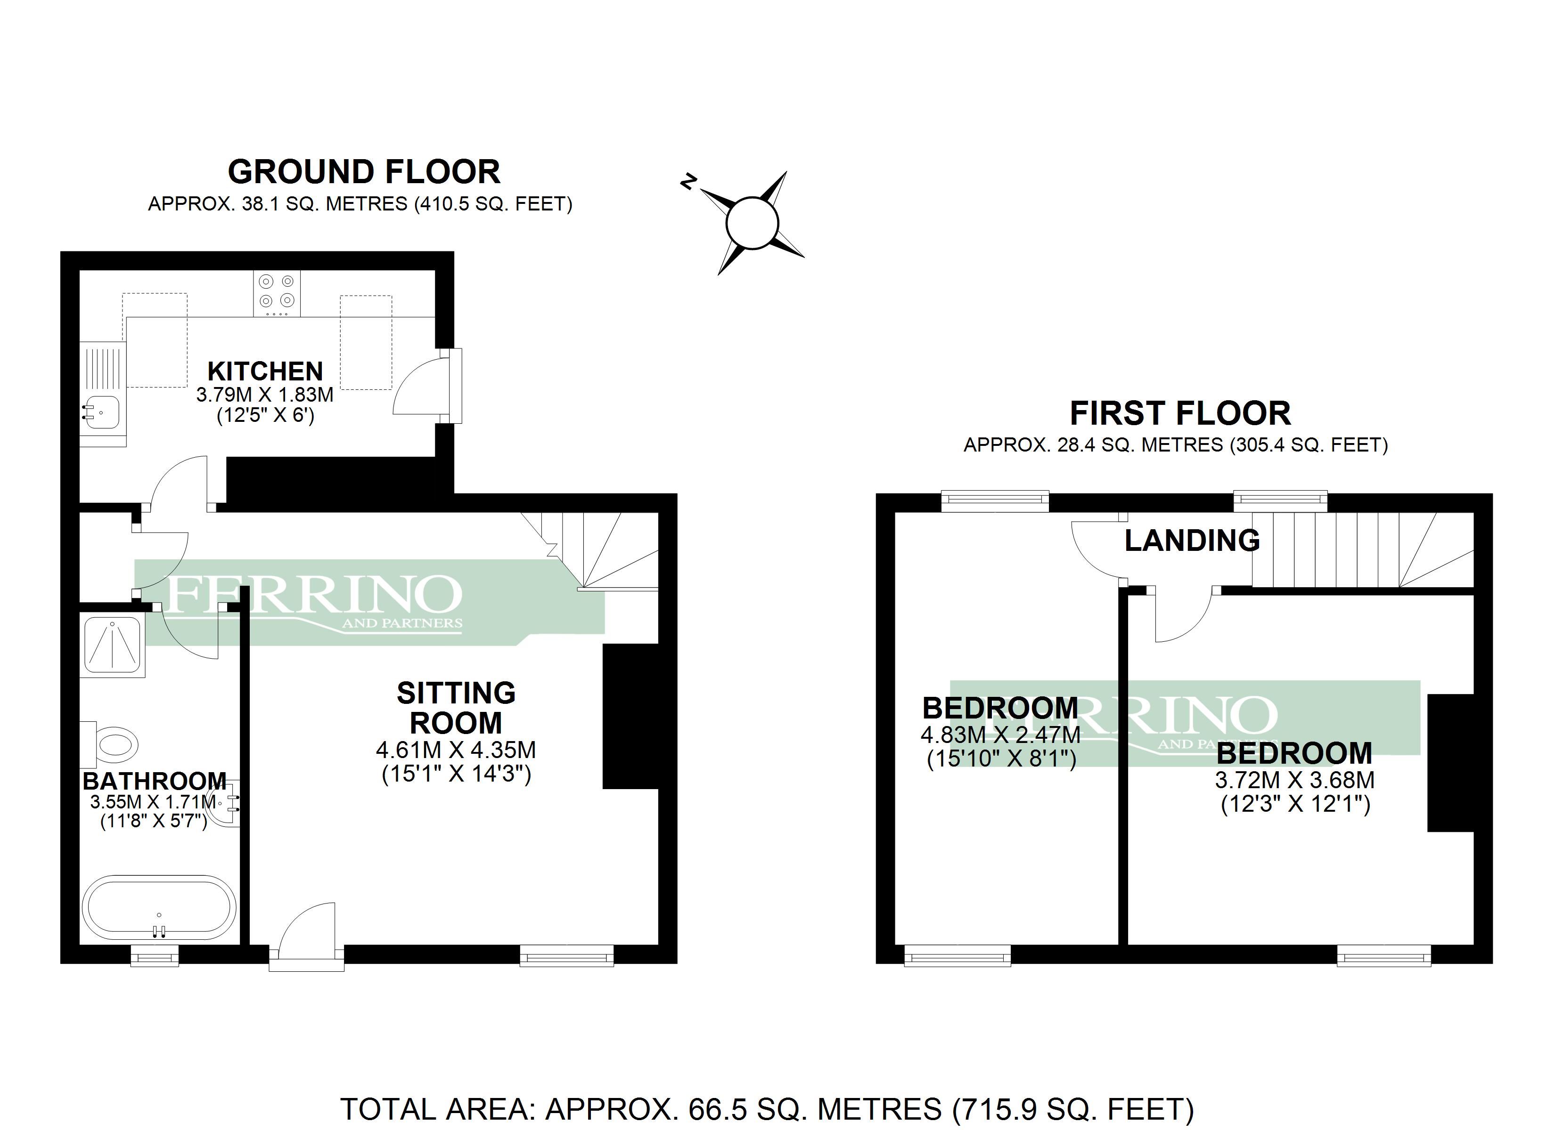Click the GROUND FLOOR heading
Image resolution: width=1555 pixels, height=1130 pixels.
364,172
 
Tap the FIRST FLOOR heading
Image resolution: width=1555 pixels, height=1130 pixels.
1180,414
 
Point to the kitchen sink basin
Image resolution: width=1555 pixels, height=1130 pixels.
100,412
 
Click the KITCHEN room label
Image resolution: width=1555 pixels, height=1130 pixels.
265,371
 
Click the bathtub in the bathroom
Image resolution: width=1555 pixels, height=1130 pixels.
159,907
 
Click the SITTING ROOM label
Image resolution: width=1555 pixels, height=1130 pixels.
456,708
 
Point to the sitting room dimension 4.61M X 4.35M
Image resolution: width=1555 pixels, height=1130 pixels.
456,750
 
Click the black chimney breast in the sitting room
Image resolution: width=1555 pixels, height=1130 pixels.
630,717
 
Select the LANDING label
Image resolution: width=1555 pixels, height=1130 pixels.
1192,541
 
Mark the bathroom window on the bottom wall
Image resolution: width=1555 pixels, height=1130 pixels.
155,955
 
